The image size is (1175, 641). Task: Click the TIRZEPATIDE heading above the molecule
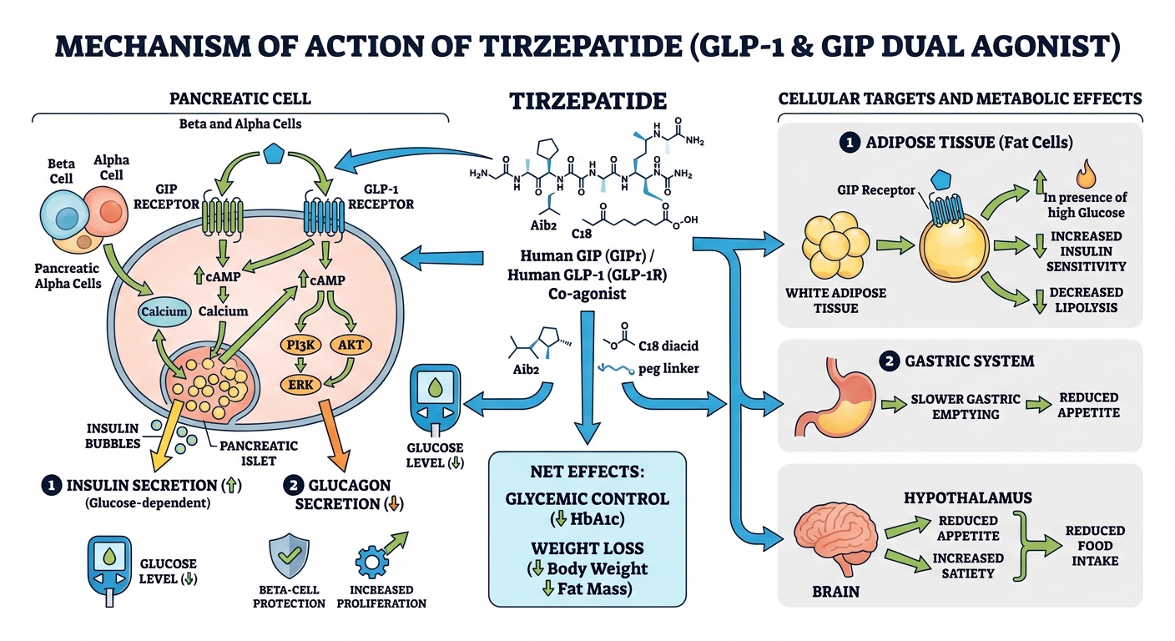click(587, 101)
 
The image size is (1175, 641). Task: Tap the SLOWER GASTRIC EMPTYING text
click(966, 406)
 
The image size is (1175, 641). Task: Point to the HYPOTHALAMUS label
click(967, 497)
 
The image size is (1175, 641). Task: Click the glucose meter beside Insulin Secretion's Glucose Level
click(111, 568)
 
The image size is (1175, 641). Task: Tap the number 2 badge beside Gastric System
click(888, 361)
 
